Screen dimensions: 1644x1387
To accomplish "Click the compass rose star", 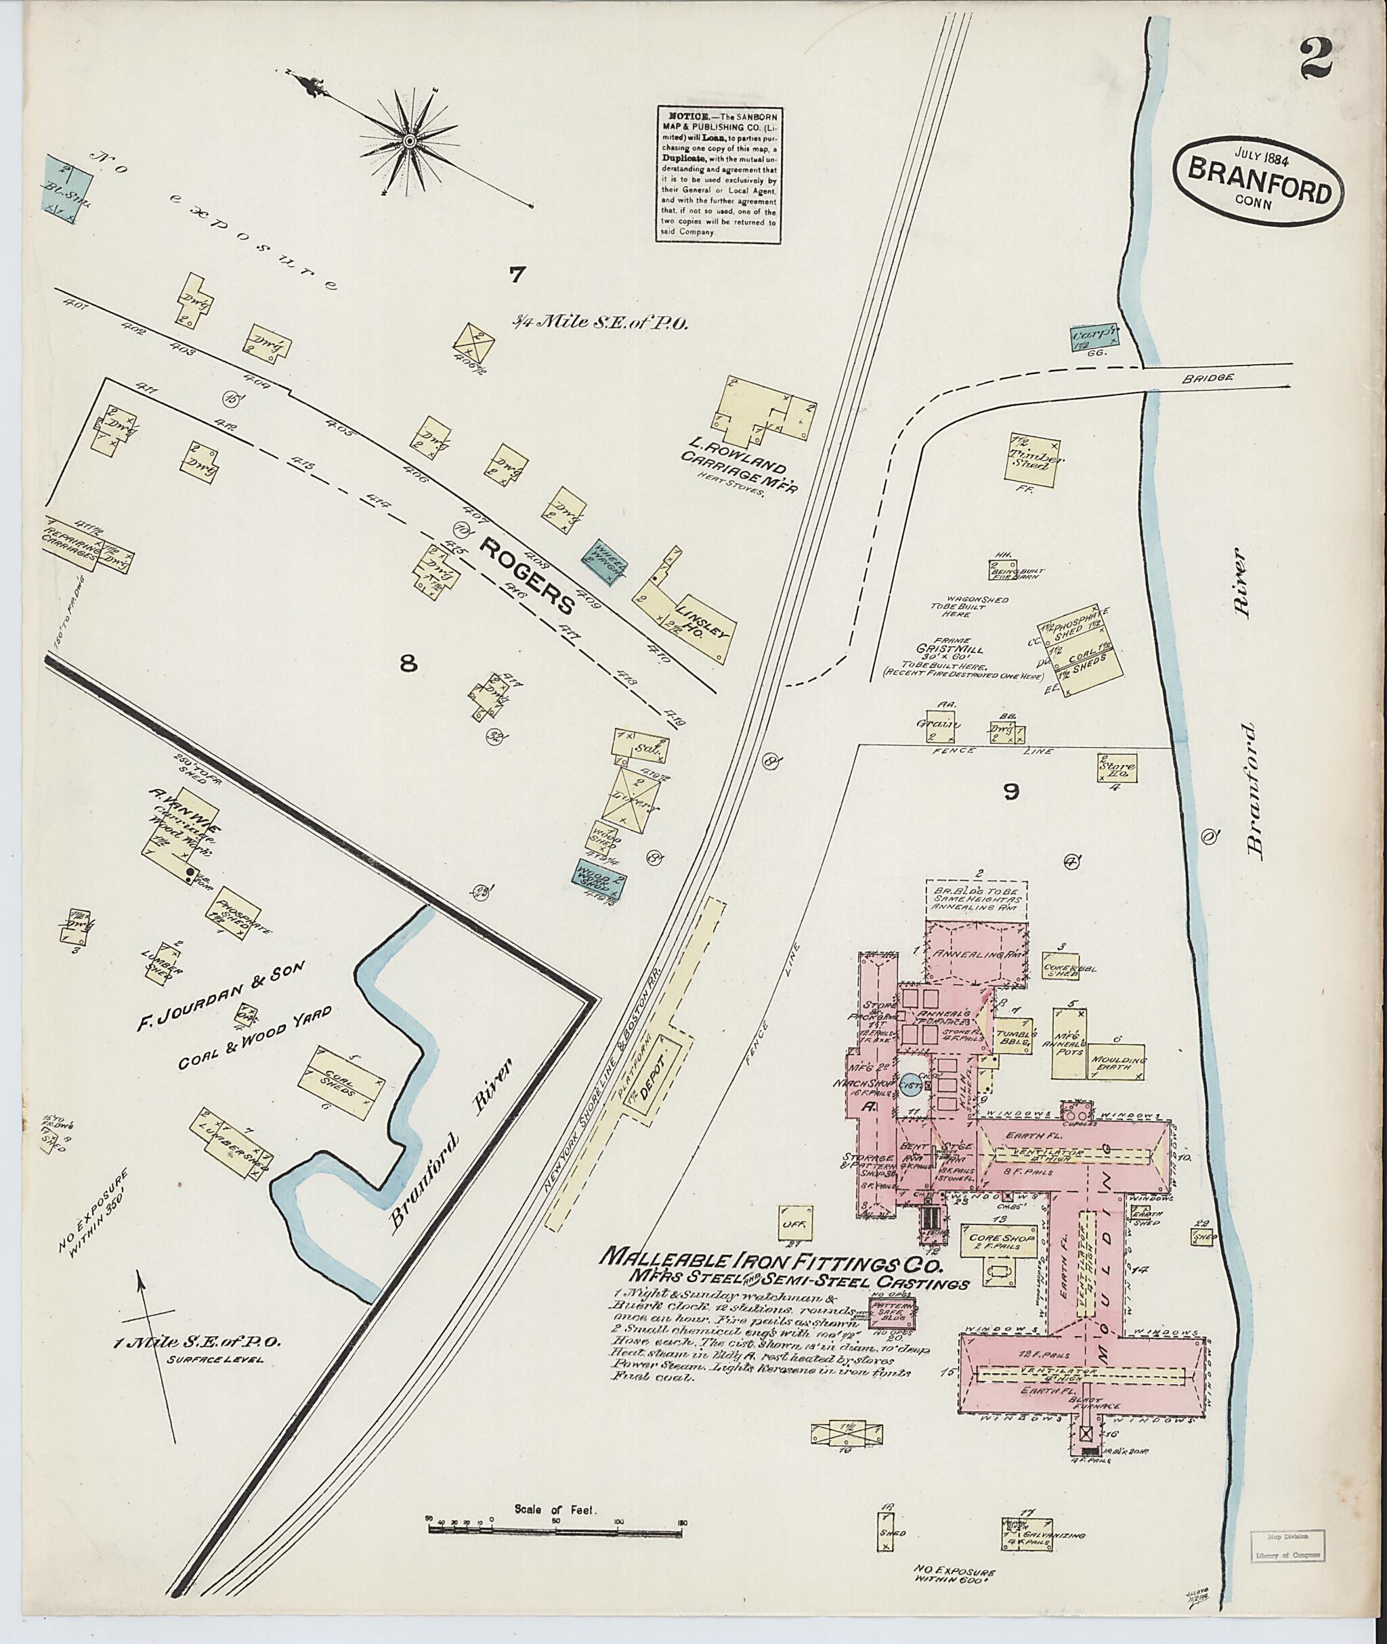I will point(409,141).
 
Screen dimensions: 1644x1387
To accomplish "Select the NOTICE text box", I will point(717,175).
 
